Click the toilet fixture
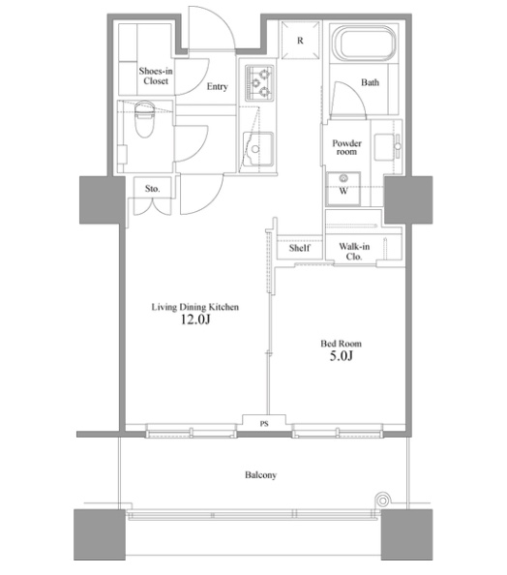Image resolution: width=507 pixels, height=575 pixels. tap(145, 118)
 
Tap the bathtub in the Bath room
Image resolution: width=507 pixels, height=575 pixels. tap(364, 43)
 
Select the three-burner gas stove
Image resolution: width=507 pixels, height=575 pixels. tap(259, 83)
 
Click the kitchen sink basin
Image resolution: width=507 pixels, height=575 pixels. tap(258, 149)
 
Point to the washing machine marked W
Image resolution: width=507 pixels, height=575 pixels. tap(343, 189)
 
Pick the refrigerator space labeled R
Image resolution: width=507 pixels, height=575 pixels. tap(300, 40)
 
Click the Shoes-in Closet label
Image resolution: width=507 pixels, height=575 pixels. tap(156, 76)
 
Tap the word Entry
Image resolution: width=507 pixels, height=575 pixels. tap(218, 86)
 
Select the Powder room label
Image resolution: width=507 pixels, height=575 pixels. tap(346, 147)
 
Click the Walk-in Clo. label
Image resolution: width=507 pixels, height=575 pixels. tap(354, 251)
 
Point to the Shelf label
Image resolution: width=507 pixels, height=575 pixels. tap(300, 248)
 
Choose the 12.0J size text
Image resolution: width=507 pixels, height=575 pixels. tap(195, 319)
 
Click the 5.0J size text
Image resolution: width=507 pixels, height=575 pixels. tap(341, 355)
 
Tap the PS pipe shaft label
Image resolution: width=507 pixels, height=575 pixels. tap(264, 424)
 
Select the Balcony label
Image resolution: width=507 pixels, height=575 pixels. tap(260, 475)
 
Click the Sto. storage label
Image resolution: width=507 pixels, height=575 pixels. tap(152, 189)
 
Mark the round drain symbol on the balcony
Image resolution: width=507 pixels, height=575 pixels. tap(382, 500)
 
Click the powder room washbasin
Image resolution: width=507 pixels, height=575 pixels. tap(388, 147)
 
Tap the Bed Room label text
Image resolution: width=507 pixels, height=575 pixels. tap(341, 344)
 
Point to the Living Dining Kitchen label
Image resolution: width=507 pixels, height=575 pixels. tap(195, 307)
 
